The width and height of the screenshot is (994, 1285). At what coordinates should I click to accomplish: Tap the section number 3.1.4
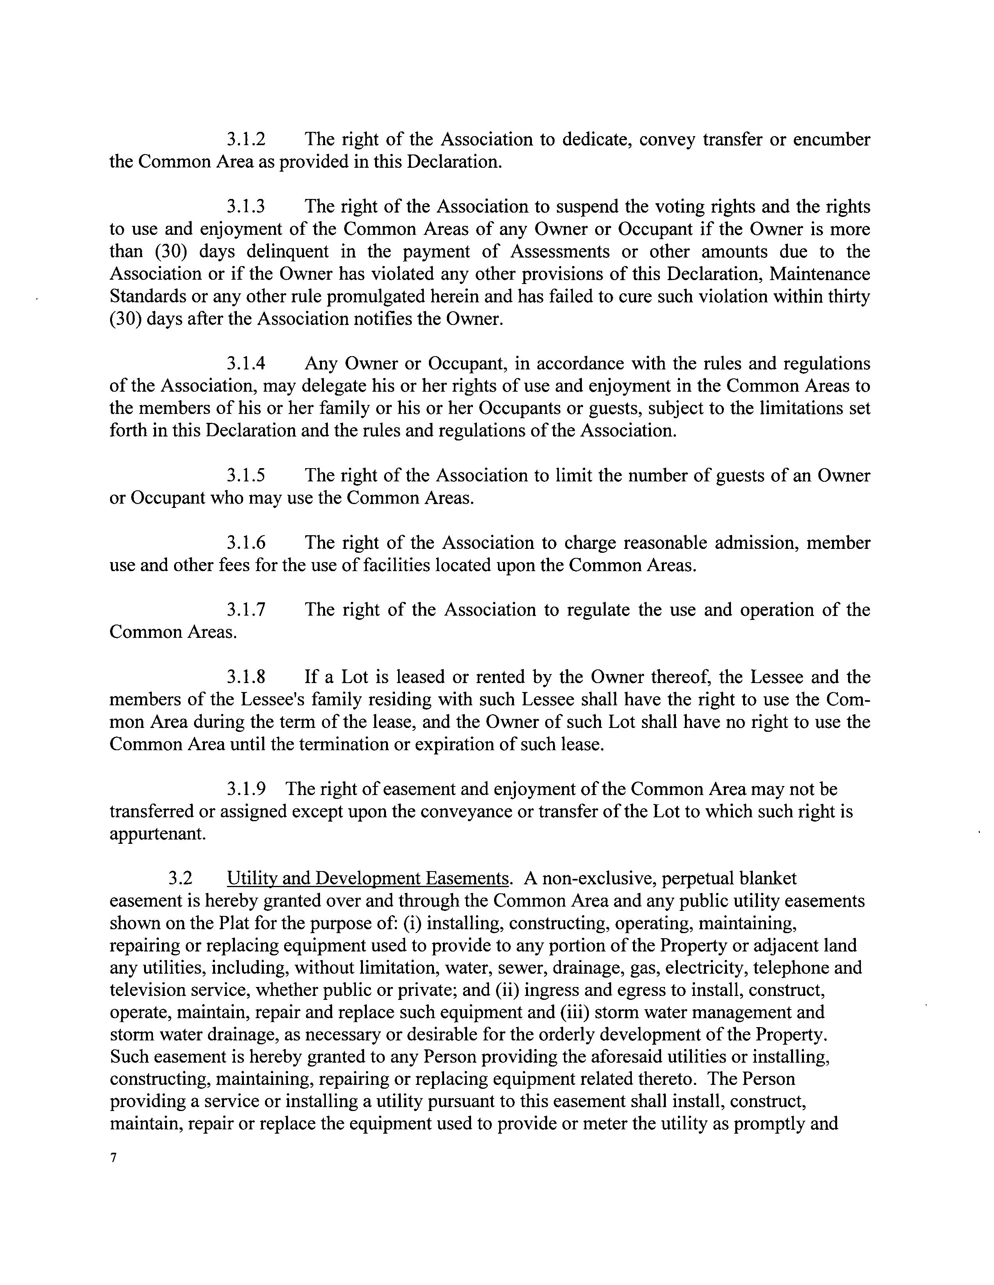pyautogui.click(x=246, y=364)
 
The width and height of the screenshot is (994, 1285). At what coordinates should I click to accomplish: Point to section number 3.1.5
pyautogui.click(x=246, y=476)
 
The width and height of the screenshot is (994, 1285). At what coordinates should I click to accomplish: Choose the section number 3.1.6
pyautogui.click(x=246, y=543)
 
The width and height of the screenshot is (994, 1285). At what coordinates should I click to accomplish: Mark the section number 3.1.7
pyautogui.click(x=246, y=610)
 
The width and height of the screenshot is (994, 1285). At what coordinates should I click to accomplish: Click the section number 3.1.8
pyautogui.click(x=246, y=677)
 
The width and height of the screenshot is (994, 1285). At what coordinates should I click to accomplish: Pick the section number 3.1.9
pyautogui.click(x=246, y=789)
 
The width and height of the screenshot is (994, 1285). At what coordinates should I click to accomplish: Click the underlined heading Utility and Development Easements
pyautogui.click(x=368, y=879)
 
